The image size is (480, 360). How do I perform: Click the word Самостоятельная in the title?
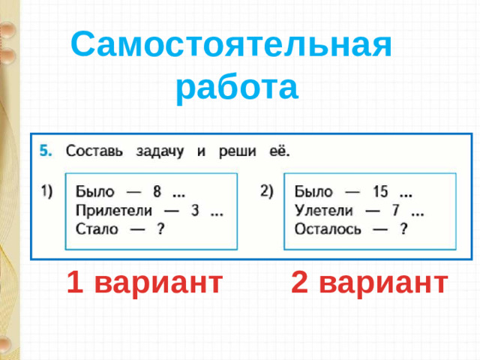click(232, 46)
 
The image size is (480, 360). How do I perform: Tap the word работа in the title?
click(237, 88)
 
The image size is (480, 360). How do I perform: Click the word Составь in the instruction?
click(95, 150)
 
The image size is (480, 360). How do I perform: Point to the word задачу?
click(160, 150)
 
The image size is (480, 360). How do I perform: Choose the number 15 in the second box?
click(380, 191)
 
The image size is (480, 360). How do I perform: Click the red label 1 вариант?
click(143, 283)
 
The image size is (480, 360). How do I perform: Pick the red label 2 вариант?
click(370, 283)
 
